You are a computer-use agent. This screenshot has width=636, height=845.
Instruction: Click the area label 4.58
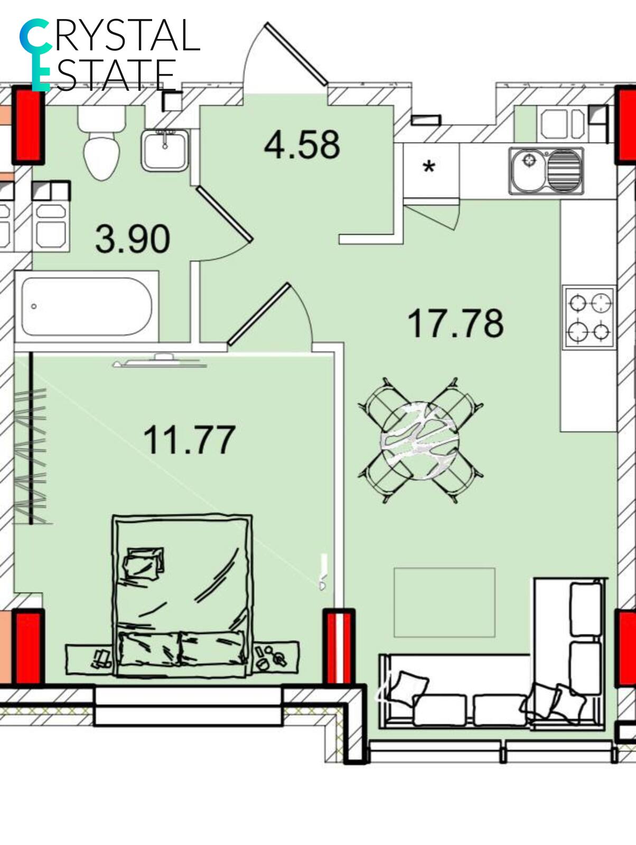(302, 145)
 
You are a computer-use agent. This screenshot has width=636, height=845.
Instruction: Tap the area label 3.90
(133, 239)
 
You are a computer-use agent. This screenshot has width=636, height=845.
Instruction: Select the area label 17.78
(455, 323)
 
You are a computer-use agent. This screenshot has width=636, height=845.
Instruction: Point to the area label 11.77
(190, 439)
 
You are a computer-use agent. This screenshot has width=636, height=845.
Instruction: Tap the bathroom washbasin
(165, 150)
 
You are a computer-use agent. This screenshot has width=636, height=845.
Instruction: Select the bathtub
(87, 306)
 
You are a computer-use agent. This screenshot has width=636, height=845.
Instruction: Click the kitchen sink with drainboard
(546, 171)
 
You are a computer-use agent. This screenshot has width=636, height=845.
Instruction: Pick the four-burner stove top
(588, 317)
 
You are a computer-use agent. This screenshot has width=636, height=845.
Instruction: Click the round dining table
(419, 440)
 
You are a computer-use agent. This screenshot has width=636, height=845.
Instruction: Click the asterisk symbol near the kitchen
(429, 167)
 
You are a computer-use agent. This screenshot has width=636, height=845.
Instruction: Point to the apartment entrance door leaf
(296, 54)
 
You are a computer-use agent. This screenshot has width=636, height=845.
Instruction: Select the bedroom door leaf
(259, 314)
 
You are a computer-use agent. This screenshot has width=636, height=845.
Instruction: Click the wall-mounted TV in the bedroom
(160, 361)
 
